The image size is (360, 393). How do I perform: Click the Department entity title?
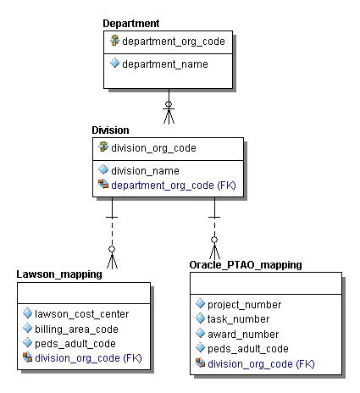[130, 23]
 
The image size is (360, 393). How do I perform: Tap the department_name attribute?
[164, 63]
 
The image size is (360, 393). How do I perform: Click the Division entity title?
[110, 130]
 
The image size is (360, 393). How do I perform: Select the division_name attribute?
[145, 170]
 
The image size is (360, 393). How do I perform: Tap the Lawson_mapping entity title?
[59, 274]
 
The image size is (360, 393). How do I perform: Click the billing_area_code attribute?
[76, 329]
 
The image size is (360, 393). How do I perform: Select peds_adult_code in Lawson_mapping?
[75, 343]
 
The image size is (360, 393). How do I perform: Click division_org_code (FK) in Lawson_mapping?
[88, 357]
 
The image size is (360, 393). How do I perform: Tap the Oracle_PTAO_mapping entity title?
[245, 265]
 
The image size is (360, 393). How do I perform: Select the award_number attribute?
[242, 334]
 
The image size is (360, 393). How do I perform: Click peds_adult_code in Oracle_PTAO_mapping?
[247, 348]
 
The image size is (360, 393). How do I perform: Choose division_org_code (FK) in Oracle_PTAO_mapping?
[261, 363]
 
